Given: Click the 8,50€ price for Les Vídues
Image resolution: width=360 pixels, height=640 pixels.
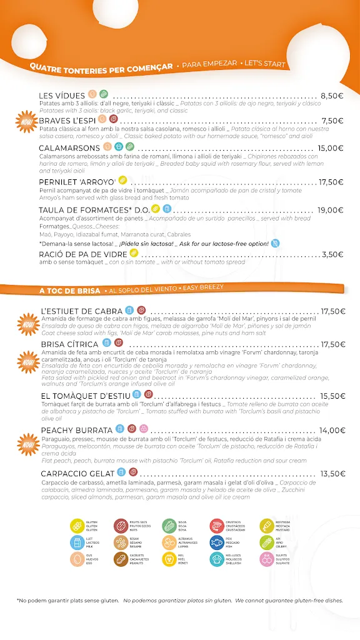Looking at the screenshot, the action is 332,96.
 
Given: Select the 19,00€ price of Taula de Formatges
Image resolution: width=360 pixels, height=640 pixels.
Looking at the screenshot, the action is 331,211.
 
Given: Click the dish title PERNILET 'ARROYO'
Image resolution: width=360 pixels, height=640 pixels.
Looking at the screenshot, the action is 77,182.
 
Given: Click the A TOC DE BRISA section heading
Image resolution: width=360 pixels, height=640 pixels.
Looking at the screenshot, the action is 69,291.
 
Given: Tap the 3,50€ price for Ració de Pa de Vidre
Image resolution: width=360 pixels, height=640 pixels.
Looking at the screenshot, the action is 332,254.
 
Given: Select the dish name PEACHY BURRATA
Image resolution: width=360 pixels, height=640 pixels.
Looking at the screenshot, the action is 76,430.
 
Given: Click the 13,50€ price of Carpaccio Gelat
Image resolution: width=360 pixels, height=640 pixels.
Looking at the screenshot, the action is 332,474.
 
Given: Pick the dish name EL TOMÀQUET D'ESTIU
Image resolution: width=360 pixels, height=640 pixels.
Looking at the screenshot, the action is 86,396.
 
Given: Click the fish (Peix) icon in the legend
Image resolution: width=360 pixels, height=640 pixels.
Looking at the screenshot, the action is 216,542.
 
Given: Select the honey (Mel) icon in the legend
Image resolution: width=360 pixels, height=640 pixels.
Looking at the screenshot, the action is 169,559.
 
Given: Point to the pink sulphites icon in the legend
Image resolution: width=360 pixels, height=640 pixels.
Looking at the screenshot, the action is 267,559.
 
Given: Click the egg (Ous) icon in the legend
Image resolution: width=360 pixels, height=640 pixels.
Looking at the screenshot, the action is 77,559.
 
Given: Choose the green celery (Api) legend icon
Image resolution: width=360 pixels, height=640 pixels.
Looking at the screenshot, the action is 267,542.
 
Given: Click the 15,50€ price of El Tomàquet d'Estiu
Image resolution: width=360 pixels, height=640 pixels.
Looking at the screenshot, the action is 332,396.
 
